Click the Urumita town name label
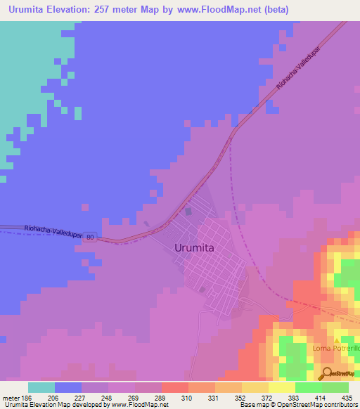tap(193, 247)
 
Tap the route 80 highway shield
tap(91, 238)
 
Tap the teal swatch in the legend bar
tap(41, 387)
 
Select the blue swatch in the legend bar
tap(68, 387)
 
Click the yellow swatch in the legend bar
tap(282, 387)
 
